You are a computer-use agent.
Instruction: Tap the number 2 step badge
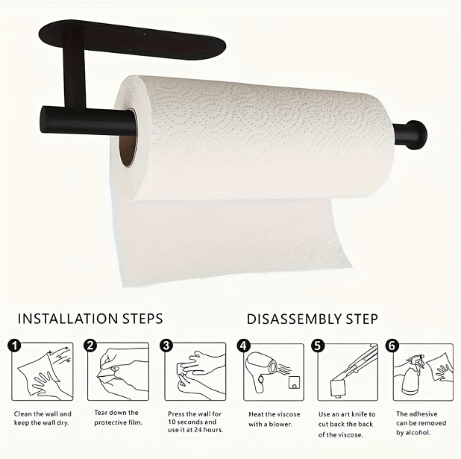pos(90,346)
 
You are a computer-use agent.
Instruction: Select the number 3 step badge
pos(167,346)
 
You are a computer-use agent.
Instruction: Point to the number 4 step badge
pos(244,346)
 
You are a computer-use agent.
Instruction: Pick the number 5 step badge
pos(319,346)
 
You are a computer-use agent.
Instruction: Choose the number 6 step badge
pos(392,346)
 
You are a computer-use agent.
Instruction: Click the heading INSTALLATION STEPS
pos(90,319)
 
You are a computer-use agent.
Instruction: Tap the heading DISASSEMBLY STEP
pos(313,319)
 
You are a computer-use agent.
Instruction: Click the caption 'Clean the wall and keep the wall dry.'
pos(43,418)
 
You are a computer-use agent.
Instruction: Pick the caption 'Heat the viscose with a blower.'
pos(272,419)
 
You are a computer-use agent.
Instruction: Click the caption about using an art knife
pos(347,424)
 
